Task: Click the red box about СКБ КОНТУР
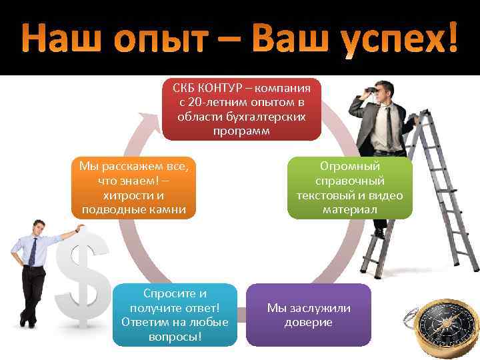(x=241, y=109)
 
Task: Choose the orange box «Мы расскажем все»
(x=134, y=187)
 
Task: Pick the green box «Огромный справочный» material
(x=350, y=187)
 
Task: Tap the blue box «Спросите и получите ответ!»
(x=175, y=315)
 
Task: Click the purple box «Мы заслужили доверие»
(x=309, y=315)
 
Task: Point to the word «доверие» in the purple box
(x=309, y=322)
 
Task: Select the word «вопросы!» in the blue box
(x=175, y=336)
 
